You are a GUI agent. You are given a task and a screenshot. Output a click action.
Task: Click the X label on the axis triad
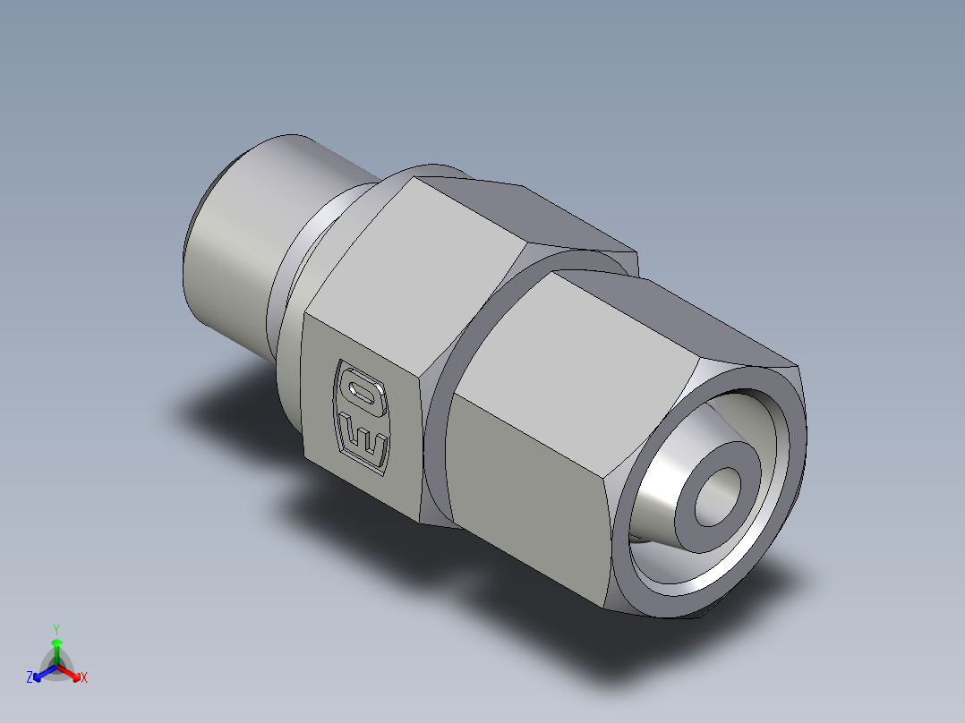point(84,678)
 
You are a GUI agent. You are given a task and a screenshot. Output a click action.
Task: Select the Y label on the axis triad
point(56,629)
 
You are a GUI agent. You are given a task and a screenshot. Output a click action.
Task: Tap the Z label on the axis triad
point(30,678)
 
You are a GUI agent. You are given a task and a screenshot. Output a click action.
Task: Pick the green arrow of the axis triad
point(56,648)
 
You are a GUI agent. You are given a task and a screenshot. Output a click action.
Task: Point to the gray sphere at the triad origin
point(56,667)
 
